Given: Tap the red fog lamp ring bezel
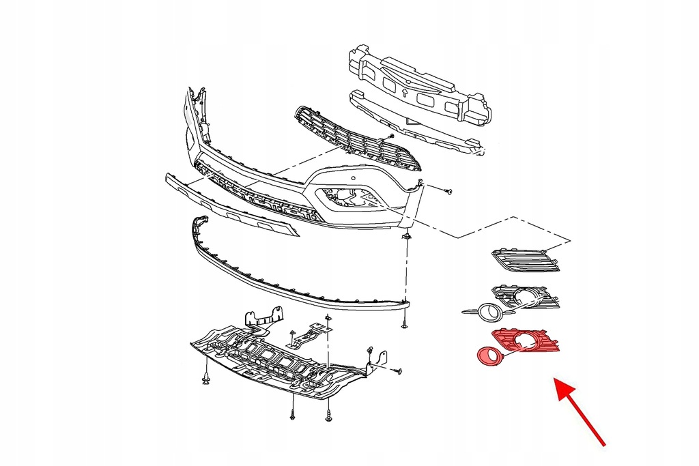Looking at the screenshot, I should point(486,355).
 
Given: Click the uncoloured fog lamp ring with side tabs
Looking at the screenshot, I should point(489,313).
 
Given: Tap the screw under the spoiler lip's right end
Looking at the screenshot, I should point(405,325).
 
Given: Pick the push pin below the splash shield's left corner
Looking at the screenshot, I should point(205,377).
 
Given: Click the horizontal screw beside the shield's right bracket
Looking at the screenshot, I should point(398,371).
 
